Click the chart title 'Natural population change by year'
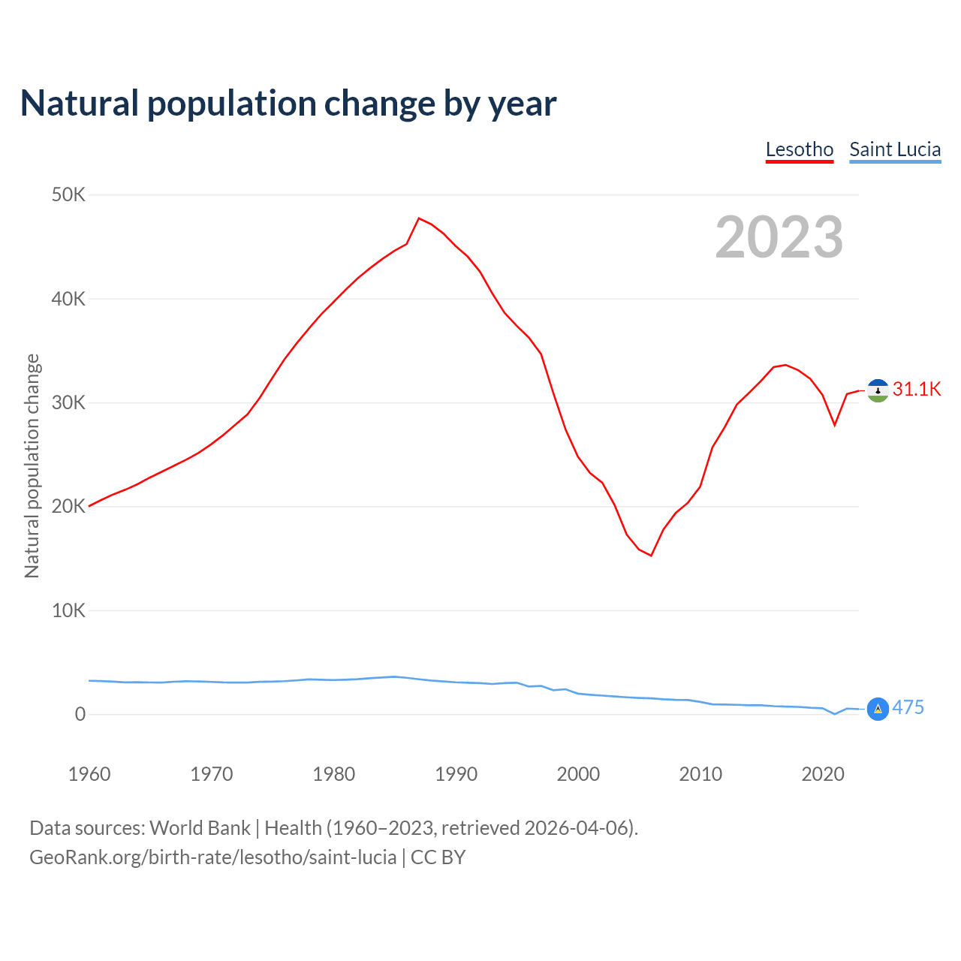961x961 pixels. [x=288, y=104]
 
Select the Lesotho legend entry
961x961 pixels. [x=800, y=149]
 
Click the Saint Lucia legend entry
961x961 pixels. [x=895, y=149]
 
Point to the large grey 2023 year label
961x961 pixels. [x=779, y=237]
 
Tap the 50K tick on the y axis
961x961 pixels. [x=68, y=195]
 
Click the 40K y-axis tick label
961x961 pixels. [x=68, y=299]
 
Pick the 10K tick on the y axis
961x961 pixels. [x=68, y=610]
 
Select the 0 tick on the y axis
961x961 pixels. [x=80, y=714]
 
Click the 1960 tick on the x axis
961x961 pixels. [x=89, y=774]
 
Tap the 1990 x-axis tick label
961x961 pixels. [x=456, y=774]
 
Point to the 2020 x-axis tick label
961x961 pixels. [x=823, y=774]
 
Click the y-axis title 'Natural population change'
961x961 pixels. [x=32, y=465]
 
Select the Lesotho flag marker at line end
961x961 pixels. [x=878, y=390]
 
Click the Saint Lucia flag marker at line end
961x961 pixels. [x=878, y=709]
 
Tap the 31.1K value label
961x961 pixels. [x=917, y=389]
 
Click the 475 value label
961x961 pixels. [x=908, y=708]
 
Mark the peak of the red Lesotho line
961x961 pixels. [x=419, y=218]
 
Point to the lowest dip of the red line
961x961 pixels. [x=651, y=556]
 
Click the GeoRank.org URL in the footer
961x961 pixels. [x=212, y=857]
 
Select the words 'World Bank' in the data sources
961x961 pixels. [x=200, y=828]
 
